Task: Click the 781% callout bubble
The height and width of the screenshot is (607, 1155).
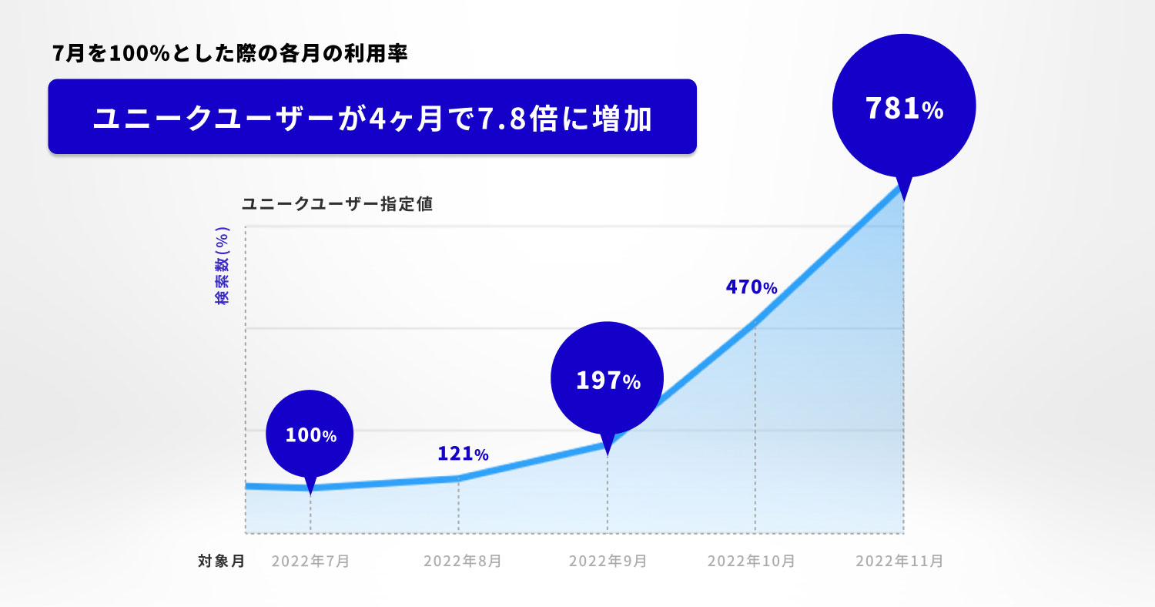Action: pyautogui.click(x=904, y=109)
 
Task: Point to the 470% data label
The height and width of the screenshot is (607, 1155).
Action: pyautogui.click(x=751, y=287)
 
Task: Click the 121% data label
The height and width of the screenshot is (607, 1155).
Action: pyautogui.click(x=463, y=454)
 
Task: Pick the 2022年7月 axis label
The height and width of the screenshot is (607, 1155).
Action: pyautogui.click(x=310, y=562)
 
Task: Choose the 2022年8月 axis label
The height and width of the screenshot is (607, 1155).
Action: pyautogui.click(x=462, y=562)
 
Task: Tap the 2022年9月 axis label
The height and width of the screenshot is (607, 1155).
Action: pyautogui.click(x=608, y=562)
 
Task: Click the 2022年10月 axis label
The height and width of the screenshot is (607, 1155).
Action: pyautogui.click(x=751, y=562)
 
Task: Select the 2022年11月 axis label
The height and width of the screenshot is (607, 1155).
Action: pyautogui.click(x=899, y=562)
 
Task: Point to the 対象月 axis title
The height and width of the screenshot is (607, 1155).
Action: pyautogui.click(x=222, y=562)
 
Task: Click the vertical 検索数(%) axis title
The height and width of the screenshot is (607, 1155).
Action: pyautogui.click(x=223, y=266)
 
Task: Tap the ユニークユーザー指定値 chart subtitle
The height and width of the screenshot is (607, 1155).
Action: pyautogui.click(x=337, y=204)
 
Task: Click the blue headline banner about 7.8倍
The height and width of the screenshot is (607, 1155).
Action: pyautogui.click(x=372, y=117)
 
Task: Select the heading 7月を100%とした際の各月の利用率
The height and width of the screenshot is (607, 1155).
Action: pyautogui.click(x=229, y=55)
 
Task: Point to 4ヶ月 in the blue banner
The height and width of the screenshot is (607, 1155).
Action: pyautogui.click(x=407, y=119)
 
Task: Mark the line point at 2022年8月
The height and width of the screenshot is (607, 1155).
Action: pyautogui.click(x=459, y=478)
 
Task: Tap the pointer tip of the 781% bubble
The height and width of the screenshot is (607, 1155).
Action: pyautogui.click(x=902, y=200)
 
